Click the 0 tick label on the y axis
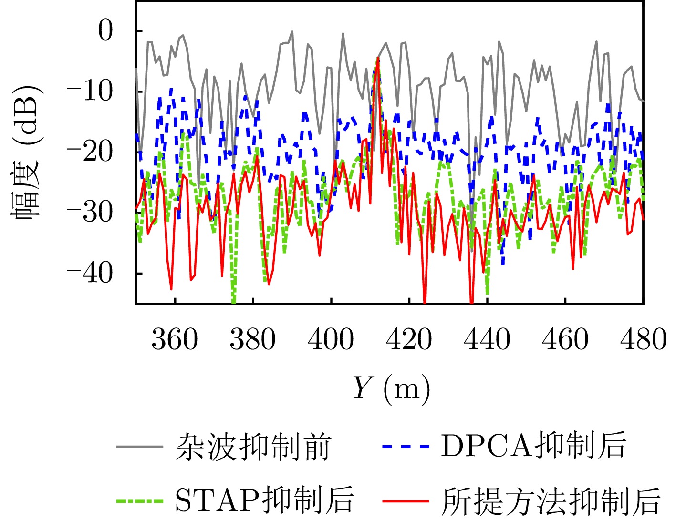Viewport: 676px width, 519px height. pyautogui.click(x=105, y=31)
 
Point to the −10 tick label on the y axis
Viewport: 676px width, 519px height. pyautogui.click(x=90, y=92)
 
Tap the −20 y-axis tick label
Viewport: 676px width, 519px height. pyautogui.click(x=90, y=152)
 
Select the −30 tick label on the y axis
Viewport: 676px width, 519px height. pyautogui.click(x=90, y=213)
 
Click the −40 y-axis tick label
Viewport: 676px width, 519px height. pyautogui.click(x=90, y=273)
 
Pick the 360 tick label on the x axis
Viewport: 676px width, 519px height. pyautogui.click(x=175, y=340)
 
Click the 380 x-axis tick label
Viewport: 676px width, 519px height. pyautogui.click(x=253, y=340)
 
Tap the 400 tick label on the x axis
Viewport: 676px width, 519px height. pyautogui.click(x=331, y=340)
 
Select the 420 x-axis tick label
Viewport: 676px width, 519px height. pyautogui.click(x=409, y=340)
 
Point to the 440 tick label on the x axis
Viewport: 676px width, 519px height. pyautogui.click(x=487, y=340)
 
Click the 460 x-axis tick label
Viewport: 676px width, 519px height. pyautogui.click(x=565, y=340)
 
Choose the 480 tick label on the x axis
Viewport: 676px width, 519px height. pyautogui.click(x=643, y=340)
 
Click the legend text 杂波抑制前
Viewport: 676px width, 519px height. pyautogui.click(x=253, y=447)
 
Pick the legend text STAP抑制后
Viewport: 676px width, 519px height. pyautogui.click(x=265, y=500)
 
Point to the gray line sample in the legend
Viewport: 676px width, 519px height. pyautogui.click(x=140, y=447)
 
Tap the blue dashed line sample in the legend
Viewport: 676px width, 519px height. pyautogui.click(x=406, y=447)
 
